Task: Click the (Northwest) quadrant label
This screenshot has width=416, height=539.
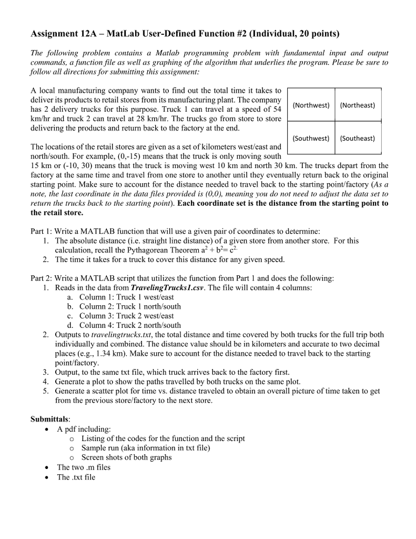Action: click(311, 105)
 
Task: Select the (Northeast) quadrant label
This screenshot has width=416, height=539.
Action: click(358, 105)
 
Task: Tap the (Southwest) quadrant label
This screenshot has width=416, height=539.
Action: click(311, 138)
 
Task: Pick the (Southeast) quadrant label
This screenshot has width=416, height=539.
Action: click(358, 138)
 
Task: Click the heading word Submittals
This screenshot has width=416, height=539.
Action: click(50, 420)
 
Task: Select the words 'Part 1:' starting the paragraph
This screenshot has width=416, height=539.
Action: click(42, 231)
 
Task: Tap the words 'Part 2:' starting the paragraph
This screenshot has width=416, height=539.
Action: click(42, 278)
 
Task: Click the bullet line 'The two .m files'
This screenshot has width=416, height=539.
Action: click(84, 467)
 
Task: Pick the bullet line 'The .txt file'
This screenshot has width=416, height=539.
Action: click(76, 477)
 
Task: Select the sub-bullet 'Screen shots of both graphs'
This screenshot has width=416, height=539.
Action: click(126, 457)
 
